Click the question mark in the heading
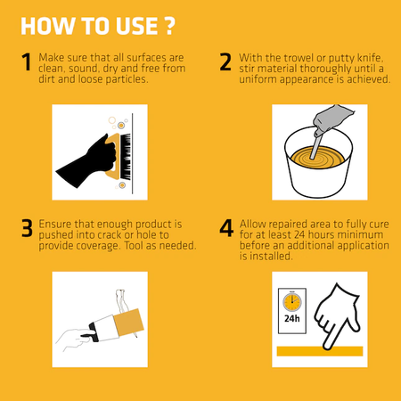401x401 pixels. (169, 26)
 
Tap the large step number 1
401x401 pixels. (27, 61)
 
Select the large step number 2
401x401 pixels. (225, 61)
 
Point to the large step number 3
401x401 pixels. (27, 228)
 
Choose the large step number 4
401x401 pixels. (226, 228)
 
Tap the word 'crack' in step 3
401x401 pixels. (110, 235)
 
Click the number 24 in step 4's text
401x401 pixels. (299, 235)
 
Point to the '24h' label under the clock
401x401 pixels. (292, 319)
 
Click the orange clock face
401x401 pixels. (292, 302)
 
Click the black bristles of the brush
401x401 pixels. (125, 157)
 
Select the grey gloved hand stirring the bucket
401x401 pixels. (331, 119)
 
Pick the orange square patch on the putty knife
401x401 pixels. (128, 323)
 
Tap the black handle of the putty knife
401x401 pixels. (92, 332)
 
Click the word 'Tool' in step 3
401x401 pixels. (134, 246)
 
